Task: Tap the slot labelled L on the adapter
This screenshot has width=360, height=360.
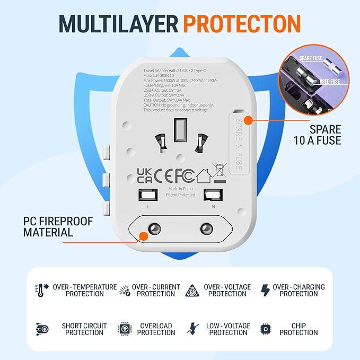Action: click(146, 195)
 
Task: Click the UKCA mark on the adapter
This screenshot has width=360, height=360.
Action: click(144, 175)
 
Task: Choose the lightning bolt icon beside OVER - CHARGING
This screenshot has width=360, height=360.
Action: click(266, 290)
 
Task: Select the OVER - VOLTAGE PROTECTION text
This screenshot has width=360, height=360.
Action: click(227, 290)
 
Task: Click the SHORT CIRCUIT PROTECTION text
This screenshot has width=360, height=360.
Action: click(84, 329)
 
